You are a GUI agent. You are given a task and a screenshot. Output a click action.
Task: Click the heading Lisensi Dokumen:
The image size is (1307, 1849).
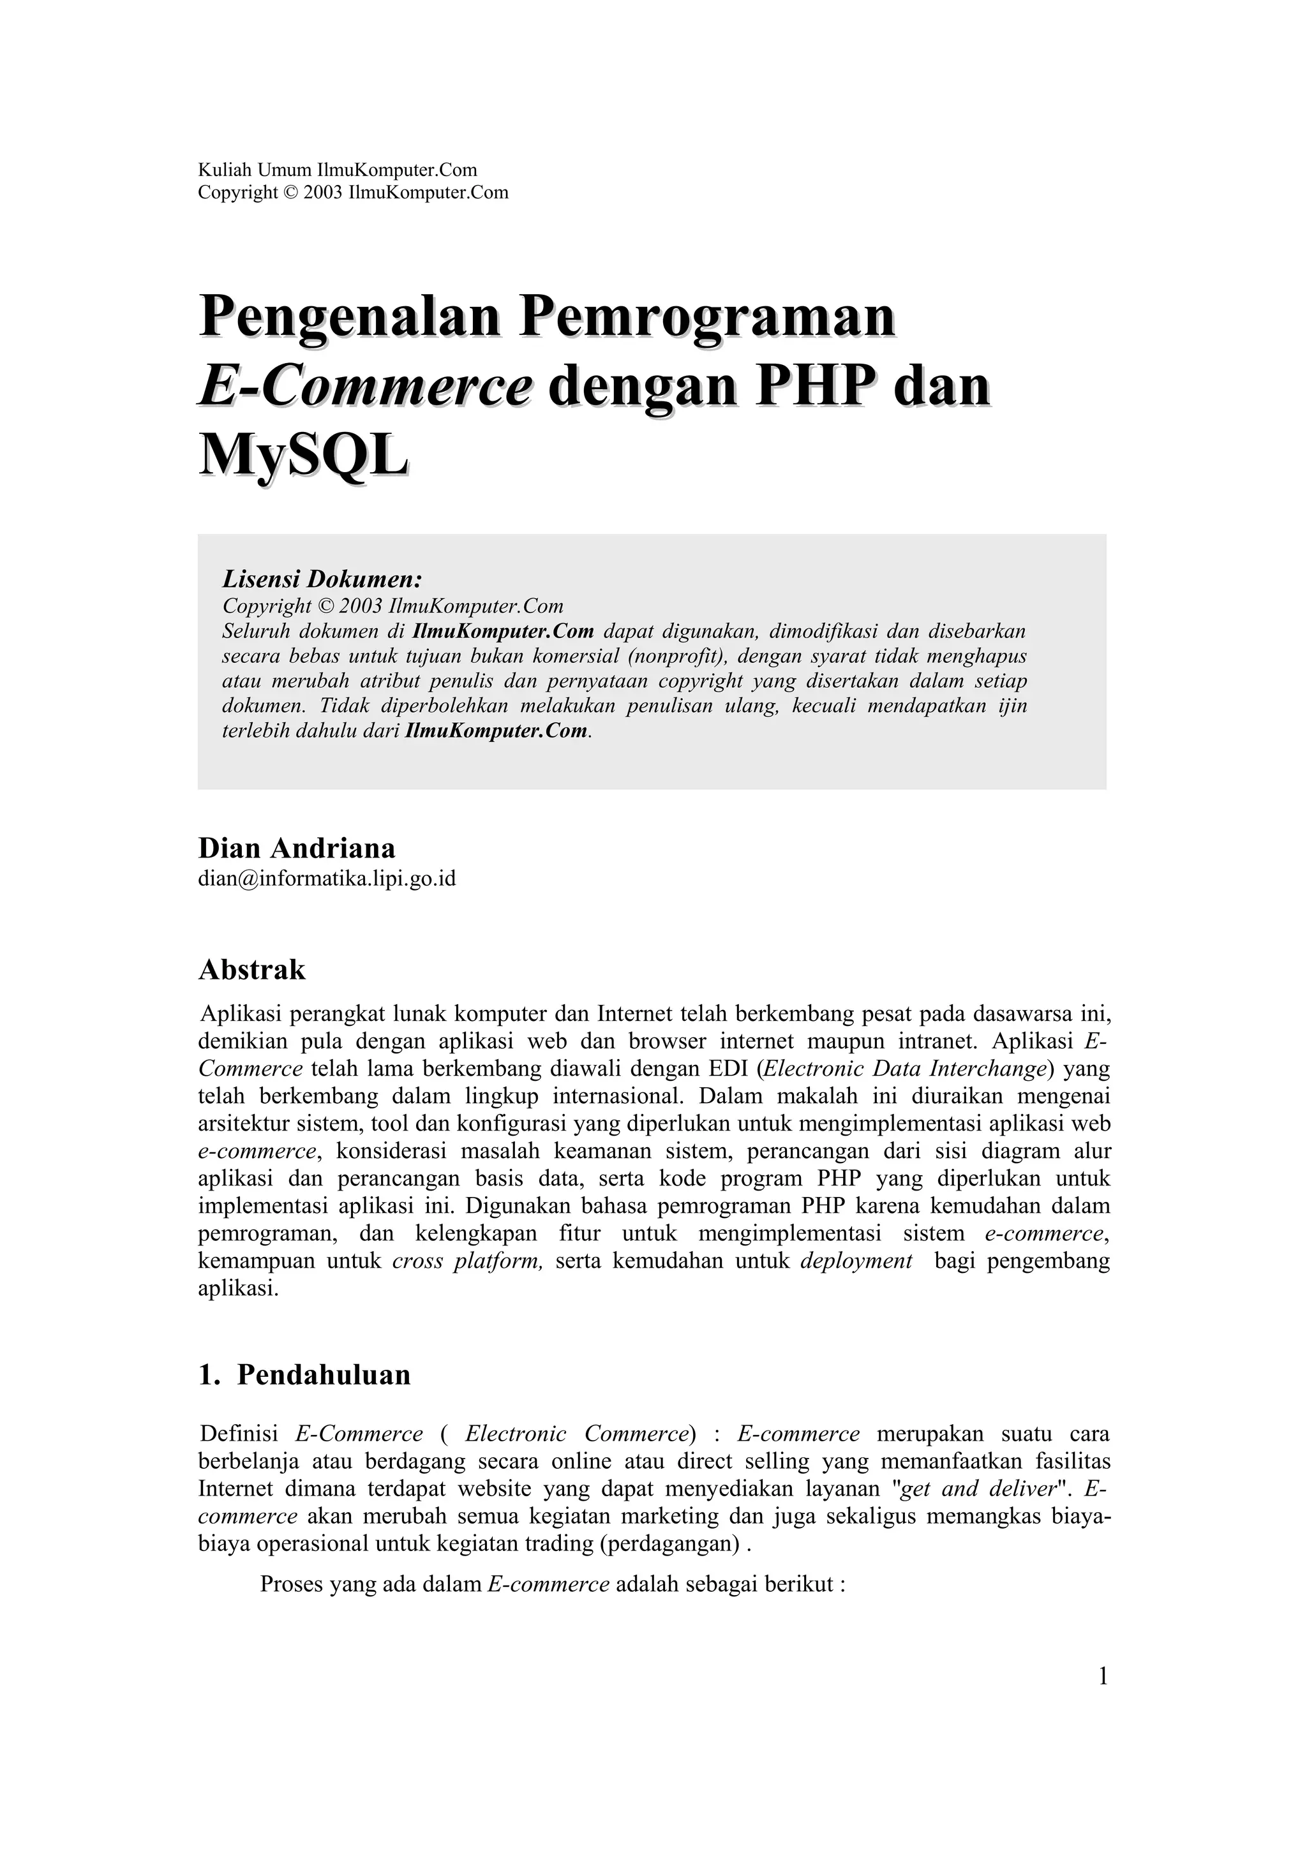click(322, 579)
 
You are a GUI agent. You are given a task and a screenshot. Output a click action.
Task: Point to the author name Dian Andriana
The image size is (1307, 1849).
click(296, 848)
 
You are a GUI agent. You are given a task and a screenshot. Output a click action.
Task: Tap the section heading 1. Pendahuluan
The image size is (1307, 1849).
click(304, 1375)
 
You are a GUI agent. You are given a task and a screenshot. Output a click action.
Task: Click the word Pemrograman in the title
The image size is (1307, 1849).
click(706, 316)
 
